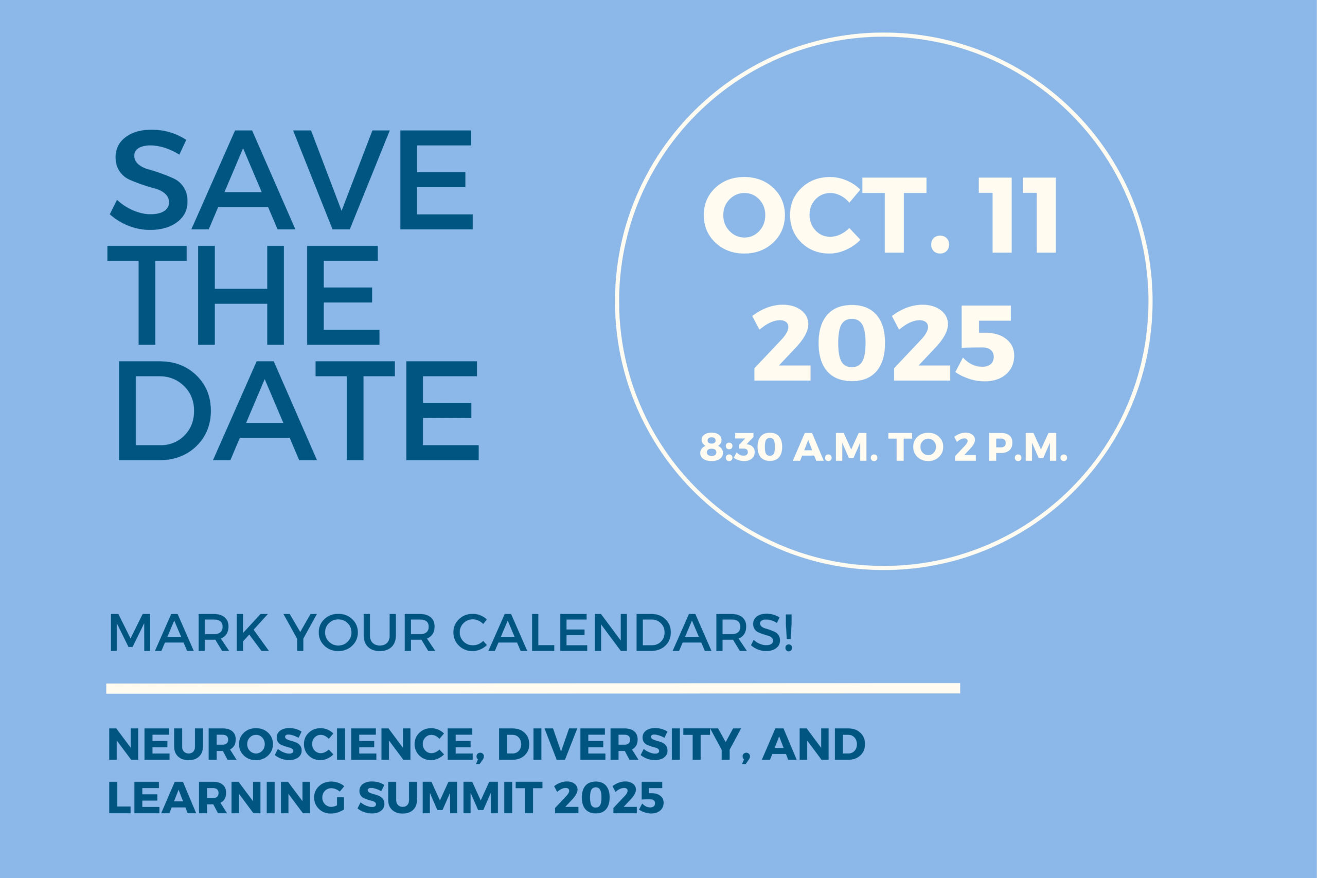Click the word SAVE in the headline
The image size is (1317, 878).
[291, 180]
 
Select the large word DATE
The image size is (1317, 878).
[299, 410]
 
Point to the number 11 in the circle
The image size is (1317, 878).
[1018, 215]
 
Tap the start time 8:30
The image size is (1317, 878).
[741, 447]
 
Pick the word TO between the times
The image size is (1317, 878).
[916, 447]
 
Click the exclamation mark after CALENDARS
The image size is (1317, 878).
[789, 633]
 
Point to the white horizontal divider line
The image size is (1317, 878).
[533, 688]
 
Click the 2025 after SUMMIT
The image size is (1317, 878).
[609, 797]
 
